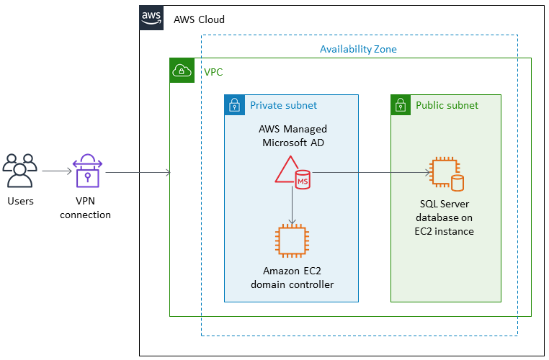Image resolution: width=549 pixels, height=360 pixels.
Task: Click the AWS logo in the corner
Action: click(151, 18)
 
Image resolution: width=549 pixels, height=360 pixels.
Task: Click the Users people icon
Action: click(20, 171)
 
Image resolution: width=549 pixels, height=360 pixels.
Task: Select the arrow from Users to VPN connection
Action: click(56, 171)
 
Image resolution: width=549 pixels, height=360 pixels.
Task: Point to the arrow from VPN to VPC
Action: click(137, 173)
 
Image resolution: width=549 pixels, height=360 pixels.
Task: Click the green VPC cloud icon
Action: click(182, 70)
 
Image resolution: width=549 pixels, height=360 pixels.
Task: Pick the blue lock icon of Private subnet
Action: click(234, 105)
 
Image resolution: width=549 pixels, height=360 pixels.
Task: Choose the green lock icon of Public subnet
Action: click(401, 105)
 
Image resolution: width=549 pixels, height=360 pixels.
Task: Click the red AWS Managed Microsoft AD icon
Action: click(292, 173)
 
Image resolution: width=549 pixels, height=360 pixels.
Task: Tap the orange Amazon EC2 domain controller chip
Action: click(292, 240)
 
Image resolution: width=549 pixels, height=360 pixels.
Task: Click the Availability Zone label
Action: click(358, 49)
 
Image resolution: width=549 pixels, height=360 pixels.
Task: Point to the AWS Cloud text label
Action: click(199, 19)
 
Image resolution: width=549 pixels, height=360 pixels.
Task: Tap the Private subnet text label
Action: click(283, 105)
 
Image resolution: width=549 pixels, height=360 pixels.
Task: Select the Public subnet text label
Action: click(447, 105)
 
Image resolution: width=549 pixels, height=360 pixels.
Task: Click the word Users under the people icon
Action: click(20, 201)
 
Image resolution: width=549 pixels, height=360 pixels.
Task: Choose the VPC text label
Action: click(213, 72)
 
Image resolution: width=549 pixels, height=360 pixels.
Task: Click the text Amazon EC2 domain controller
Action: click(292, 278)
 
